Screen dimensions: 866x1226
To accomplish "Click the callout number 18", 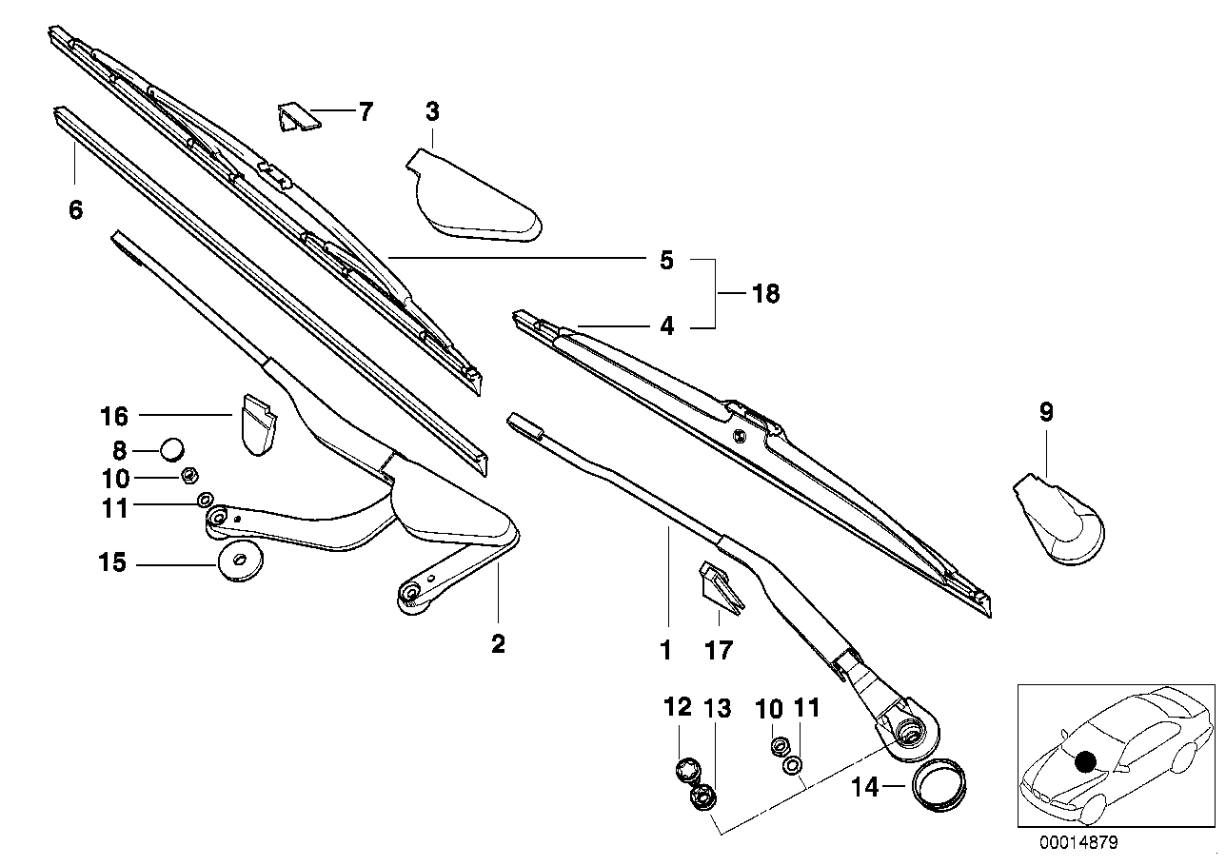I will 765,294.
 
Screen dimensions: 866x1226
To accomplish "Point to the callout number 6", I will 75,209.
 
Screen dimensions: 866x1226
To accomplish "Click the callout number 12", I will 677,708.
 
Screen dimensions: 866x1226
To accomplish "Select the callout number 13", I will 717,708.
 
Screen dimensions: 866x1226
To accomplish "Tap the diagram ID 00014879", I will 1078,843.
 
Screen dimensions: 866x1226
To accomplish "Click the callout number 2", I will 497,644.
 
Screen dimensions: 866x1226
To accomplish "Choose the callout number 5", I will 666,260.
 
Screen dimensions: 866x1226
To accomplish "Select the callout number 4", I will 666,326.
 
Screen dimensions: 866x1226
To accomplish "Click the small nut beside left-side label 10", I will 188,475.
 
